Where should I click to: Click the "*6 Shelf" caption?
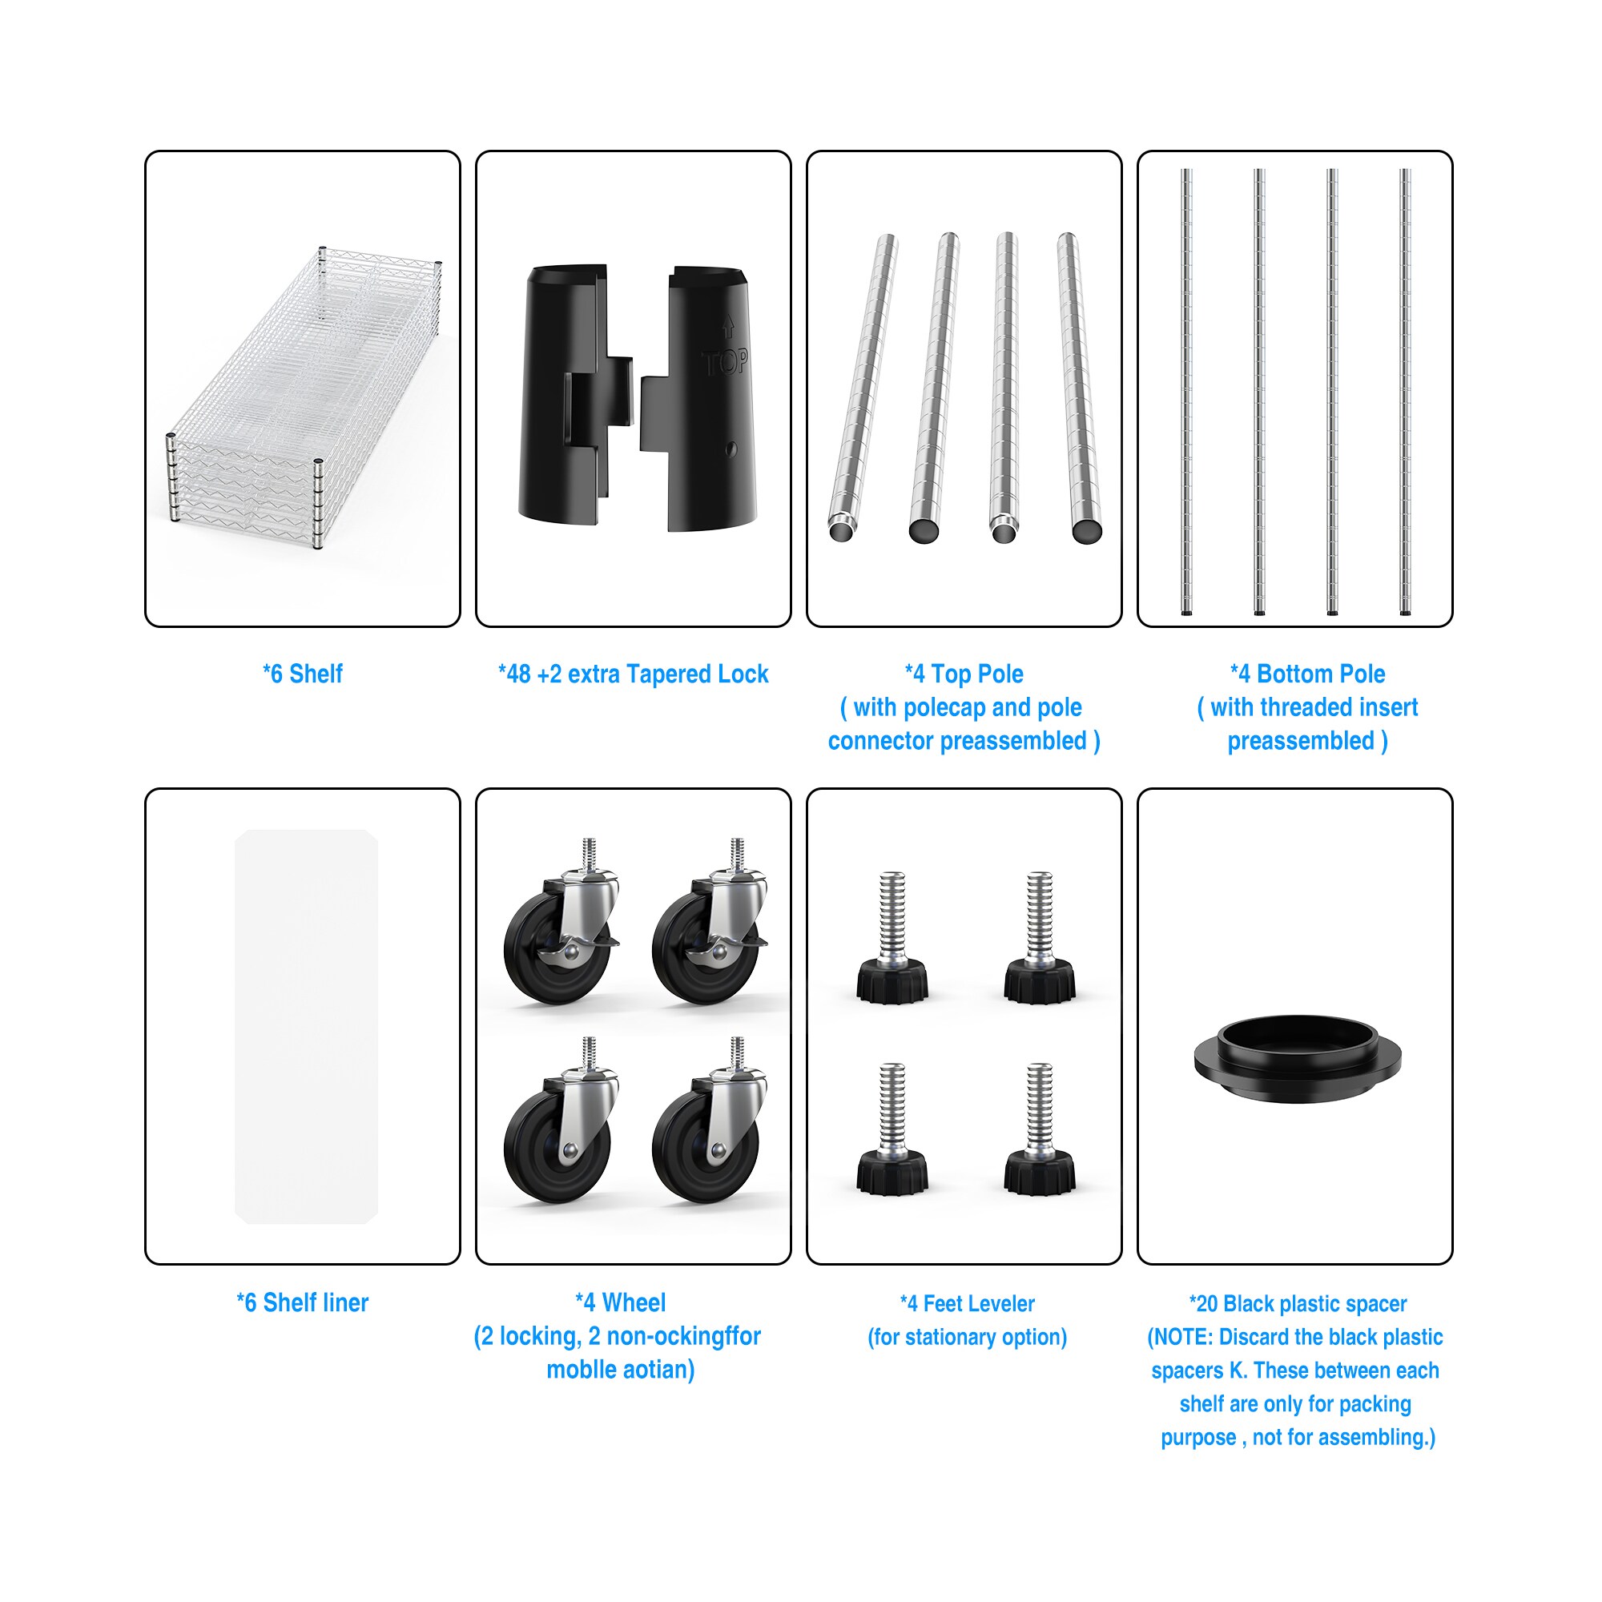point(303,674)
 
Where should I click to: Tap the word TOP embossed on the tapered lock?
point(726,362)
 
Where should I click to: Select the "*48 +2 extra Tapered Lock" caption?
point(634,674)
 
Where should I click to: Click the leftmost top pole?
point(863,388)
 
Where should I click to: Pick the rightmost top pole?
point(1080,388)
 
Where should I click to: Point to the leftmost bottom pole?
point(1187,392)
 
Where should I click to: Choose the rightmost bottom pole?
point(1405,392)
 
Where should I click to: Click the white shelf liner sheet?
point(307,1027)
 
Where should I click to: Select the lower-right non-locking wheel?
point(710,1121)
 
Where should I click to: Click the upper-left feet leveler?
point(892,938)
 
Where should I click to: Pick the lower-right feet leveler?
point(1040,1129)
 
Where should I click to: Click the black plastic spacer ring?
point(1298,1059)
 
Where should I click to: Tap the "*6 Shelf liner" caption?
point(303,1302)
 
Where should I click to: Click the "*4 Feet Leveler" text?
point(967,1303)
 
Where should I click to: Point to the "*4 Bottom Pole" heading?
point(1308,674)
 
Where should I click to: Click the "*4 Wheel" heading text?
point(620,1302)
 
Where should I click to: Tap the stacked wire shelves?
point(304,396)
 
